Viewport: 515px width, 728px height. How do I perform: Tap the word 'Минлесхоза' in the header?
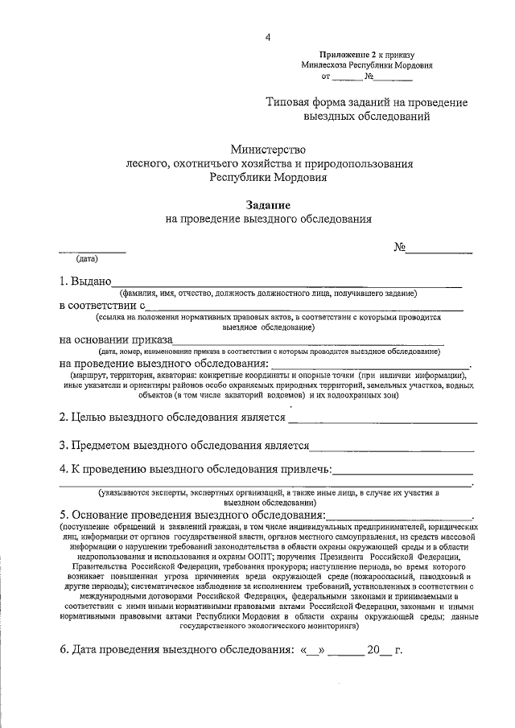pyautogui.click(x=322, y=65)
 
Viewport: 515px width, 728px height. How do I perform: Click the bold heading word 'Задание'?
pyautogui.click(x=268, y=205)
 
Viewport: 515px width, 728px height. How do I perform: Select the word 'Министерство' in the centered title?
pyautogui.click(x=268, y=149)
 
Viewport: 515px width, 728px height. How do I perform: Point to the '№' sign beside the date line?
pyautogui.click(x=399, y=248)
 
